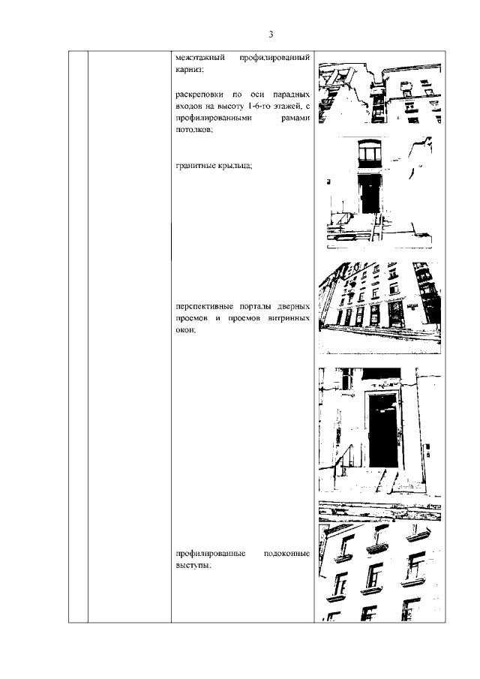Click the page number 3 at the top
tap(271, 35)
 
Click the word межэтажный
tap(200, 58)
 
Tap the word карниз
tap(189, 69)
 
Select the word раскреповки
tap(199, 95)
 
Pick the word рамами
tap(295, 118)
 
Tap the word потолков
tap(194, 130)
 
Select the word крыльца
tap(235, 165)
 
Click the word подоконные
tap(286, 554)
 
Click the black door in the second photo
tap(370, 195)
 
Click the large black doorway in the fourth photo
tap(383, 431)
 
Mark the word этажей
tap(286, 106)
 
